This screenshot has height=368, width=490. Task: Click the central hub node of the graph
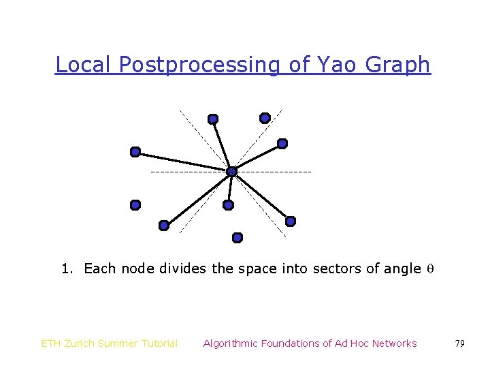(x=231, y=171)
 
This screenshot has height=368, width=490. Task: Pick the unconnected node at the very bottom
(x=237, y=238)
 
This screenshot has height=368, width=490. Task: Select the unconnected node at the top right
(x=265, y=117)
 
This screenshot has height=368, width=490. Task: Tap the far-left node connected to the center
(x=135, y=151)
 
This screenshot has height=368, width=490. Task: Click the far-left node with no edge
(x=135, y=204)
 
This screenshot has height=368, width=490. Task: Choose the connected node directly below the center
(x=229, y=204)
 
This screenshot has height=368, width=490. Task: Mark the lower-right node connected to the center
(x=290, y=221)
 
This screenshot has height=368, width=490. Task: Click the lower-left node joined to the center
(x=163, y=225)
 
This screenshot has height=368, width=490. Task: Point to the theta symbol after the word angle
(x=430, y=269)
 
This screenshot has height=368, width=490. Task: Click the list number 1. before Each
(x=67, y=269)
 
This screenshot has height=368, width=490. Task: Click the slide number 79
(x=459, y=343)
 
